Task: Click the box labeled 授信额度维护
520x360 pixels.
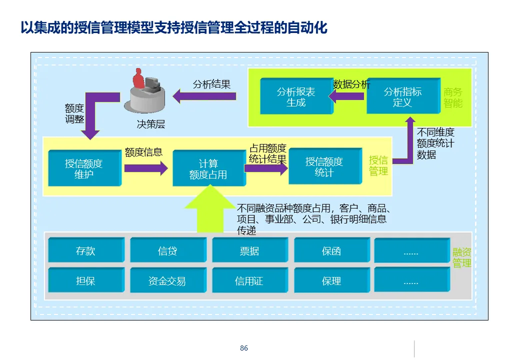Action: pos(84,168)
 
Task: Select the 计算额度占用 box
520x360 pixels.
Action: pos(208,169)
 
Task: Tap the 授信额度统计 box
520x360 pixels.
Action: pos(324,167)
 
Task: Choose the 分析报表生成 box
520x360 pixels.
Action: pos(296,97)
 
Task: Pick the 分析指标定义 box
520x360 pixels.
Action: pos(402,97)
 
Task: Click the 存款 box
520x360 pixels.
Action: pos(85,250)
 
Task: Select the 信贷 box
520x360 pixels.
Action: pos(167,250)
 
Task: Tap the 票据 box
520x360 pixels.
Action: pos(249,250)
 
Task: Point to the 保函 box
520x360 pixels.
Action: pos(331,250)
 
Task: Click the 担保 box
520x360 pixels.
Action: pos(85,280)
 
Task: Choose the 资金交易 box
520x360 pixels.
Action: pos(167,280)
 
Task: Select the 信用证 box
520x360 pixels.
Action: pos(249,280)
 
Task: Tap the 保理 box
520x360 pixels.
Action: pos(331,280)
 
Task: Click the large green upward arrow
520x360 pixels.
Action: pos(209,210)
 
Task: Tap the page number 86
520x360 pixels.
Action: pos(244,348)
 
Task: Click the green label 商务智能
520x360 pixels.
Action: pos(453,98)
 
